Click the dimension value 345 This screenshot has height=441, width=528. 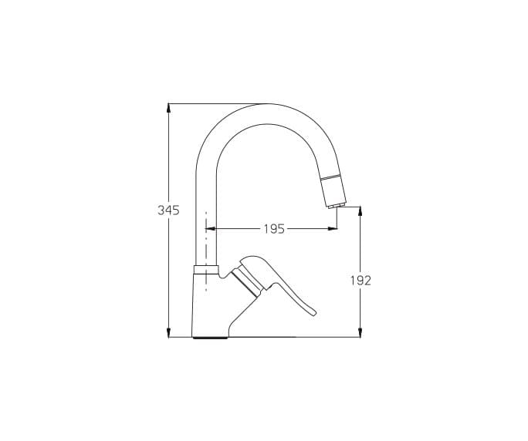pos(168,210)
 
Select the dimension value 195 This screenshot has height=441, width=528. pos(274,229)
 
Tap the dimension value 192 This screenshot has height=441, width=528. pos(360,280)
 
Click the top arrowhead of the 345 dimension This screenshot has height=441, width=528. pos(169,108)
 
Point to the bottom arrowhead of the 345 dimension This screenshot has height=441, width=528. pos(169,332)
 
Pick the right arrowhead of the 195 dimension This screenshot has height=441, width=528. pos(333,229)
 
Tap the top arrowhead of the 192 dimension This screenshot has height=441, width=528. pos(360,211)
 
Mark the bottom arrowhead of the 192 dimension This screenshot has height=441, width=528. pos(360,332)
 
